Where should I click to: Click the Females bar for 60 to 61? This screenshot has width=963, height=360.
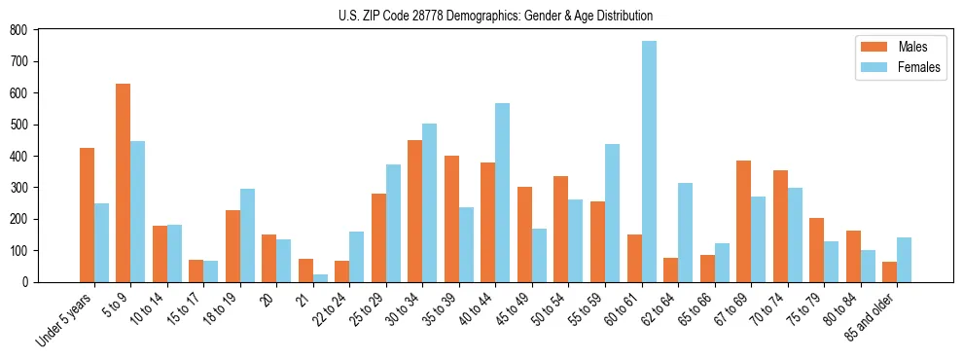(x=649, y=162)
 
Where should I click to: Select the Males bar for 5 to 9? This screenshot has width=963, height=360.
(x=124, y=183)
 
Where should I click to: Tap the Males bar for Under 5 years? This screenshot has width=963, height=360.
(x=87, y=215)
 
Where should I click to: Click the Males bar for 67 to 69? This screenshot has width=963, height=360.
(x=743, y=221)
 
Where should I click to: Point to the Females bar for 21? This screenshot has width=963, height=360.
(x=320, y=277)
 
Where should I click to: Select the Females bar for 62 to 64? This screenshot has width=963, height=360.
(x=685, y=233)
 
